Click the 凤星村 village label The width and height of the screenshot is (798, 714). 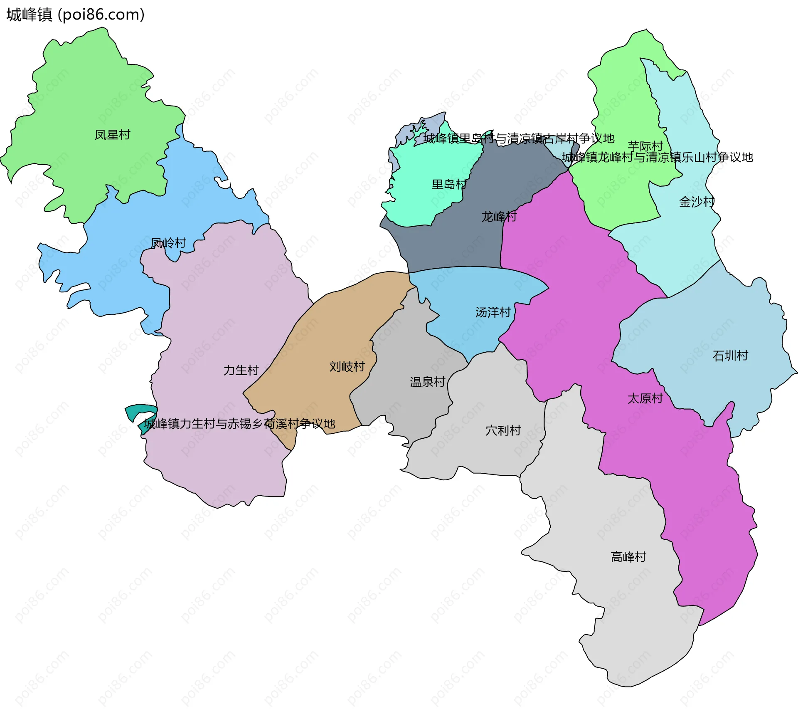coord(112,135)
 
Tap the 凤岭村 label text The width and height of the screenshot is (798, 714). coord(168,243)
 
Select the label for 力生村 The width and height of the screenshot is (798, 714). coord(241,370)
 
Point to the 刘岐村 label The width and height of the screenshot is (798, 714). coord(347,366)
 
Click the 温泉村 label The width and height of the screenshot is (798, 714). coord(427,382)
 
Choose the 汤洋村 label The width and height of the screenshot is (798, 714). coord(493,312)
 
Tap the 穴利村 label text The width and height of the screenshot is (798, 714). coord(503,430)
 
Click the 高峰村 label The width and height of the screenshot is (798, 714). coord(628,557)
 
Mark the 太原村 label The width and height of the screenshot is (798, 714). coord(645,398)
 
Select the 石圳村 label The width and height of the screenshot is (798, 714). coord(730,356)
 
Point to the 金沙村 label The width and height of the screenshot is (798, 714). coord(697,202)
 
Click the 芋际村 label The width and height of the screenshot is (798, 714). coord(645,146)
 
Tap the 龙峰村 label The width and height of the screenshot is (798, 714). coord(499,217)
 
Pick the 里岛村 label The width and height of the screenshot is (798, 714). coord(449,184)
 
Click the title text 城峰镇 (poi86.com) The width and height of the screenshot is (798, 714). coord(75,15)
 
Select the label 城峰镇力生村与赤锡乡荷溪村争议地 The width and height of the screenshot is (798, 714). coord(239,424)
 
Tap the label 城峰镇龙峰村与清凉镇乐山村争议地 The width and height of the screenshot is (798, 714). coord(657,157)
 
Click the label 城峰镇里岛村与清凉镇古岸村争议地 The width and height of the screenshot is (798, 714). coord(519,138)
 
